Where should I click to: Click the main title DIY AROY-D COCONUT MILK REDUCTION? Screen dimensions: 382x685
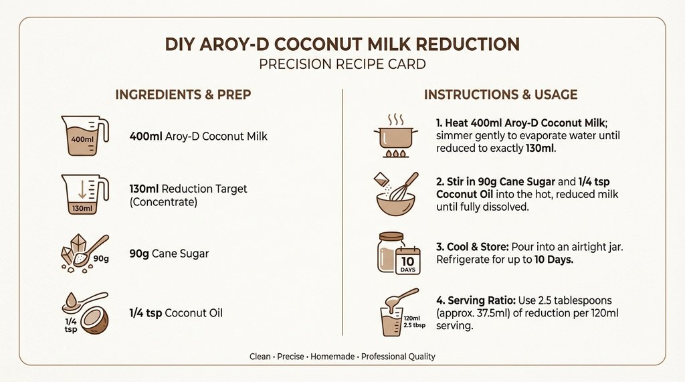click(x=342, y=45)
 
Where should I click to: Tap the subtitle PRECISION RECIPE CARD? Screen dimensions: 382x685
click(x=342, y=66)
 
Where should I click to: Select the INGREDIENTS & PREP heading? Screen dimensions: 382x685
click(x=183, y=94)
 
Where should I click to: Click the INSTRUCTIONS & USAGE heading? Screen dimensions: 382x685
click(x=500, y=94)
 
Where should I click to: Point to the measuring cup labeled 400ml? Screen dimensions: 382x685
click(x=84, y=136)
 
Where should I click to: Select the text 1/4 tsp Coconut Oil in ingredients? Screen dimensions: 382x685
click(x=176, y=313)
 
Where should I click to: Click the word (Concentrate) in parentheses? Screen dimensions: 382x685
click(x=163, y=201)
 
